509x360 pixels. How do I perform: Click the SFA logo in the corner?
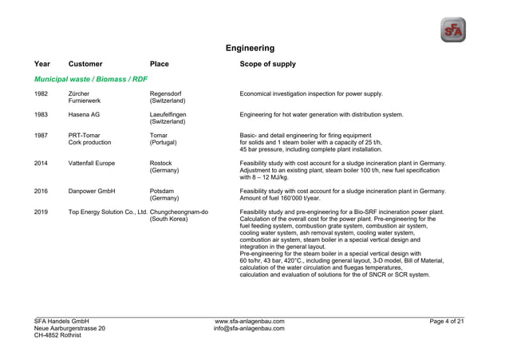[x=452, y=30]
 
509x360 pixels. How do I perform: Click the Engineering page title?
[x=250, y=48]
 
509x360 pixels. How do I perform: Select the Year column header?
[x=42, y=64]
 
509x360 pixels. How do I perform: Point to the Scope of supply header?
[x=267, y=64]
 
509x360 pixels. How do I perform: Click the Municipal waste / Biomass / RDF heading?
[x=91, y=79]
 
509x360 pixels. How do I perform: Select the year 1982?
[x=41, y=94]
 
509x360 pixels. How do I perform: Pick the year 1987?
[x=41, y=135]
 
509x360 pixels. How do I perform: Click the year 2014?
[x=41, y=163]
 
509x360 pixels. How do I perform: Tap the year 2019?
[x=41, y=212]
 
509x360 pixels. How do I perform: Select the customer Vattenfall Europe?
[x=92, y=163]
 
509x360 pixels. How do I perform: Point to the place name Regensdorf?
[x=165, y=94]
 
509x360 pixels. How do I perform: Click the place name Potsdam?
[x=164, y=191]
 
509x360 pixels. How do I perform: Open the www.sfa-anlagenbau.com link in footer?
[x=250, y=321]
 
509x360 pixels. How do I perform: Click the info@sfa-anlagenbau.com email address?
[x=250, y=328]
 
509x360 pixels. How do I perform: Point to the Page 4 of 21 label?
[x=446, y=321]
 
